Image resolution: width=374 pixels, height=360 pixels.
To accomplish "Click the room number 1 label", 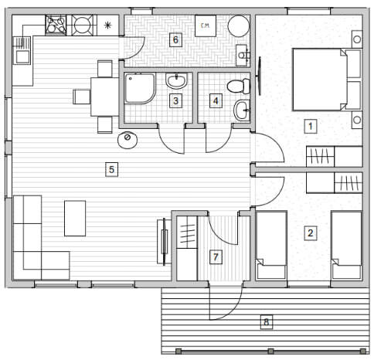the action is (x=311, y=126).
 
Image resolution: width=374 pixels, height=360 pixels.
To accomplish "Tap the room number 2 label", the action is (x=311, y=233).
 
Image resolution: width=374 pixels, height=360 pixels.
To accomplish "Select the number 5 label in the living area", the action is (x=111, y=169).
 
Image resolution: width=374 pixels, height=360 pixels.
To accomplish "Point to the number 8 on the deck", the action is (x=266, y=322).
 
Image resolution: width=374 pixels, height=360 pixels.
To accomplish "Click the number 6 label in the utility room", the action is (x=175, y=40).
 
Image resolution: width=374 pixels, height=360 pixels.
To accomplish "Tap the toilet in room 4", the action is (x=239, y=87).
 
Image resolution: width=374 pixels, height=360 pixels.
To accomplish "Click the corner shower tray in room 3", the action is (x=140, y=89).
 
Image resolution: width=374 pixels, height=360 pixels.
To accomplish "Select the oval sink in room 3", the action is (x=176, y=81).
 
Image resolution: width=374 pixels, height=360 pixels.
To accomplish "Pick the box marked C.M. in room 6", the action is (x=206, y=25).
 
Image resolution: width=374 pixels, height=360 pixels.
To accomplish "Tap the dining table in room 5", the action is (x=105, y=97).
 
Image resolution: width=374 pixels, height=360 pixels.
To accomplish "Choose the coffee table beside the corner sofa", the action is (x=75, y=219).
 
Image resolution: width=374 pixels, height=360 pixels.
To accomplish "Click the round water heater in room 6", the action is (x=239, y=26).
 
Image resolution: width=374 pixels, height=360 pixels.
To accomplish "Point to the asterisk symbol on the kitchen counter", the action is (x=108, y=25).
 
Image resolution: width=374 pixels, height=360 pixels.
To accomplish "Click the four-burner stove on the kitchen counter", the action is (x=56, y=25).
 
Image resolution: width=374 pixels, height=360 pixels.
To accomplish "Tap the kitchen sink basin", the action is (x=22, y=57).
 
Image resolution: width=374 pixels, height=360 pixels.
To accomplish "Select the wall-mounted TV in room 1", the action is (x=259, y=76).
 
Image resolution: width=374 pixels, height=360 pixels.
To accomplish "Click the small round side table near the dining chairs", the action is (x=127, y=140).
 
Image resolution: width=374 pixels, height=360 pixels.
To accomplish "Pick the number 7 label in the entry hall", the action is (x=216, y=256).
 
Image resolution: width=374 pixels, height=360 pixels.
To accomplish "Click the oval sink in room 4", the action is (x=242, y=110).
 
